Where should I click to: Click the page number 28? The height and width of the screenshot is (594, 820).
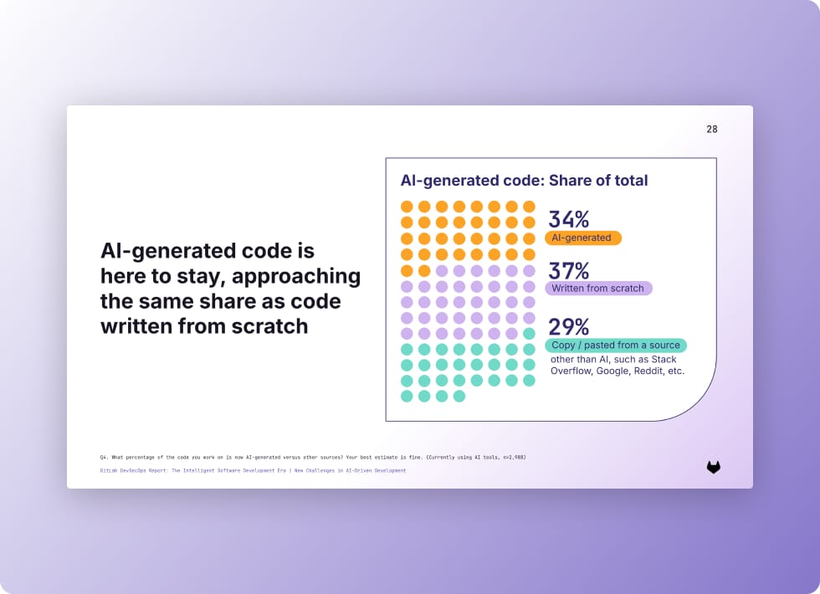point(711,129)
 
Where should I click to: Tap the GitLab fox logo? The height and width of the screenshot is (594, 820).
point(713,468)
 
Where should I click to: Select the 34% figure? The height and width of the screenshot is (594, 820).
point(568,219)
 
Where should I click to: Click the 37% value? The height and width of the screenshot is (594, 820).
point(568,271)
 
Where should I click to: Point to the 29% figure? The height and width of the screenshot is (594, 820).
point(568,326)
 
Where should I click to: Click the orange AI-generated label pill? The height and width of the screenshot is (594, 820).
point(582,238)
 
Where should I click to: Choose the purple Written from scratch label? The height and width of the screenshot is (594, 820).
point(597,288)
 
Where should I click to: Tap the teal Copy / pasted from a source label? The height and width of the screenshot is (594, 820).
point(615,345)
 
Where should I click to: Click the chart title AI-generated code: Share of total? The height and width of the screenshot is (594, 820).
point(524,180)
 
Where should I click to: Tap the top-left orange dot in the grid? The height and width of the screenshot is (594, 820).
point(407,207)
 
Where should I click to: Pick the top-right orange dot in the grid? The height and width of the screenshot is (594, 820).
point(529,207)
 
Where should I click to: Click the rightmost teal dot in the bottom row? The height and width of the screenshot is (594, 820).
point(459,396)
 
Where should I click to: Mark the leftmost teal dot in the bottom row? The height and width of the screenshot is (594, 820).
point(407,396)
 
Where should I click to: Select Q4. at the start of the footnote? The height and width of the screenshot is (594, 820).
point(104,458)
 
